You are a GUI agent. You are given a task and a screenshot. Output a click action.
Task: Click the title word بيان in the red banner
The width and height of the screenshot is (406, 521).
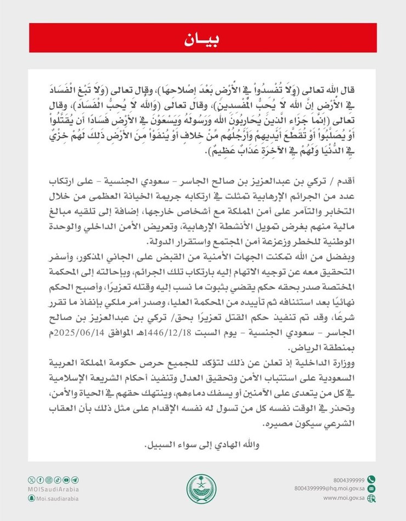click(x=202, y=40)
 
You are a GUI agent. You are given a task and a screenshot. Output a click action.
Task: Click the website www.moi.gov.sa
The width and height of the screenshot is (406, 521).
click(x=344, y=498)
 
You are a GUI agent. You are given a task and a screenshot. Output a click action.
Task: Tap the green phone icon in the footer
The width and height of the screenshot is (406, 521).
click(x=371, y=479)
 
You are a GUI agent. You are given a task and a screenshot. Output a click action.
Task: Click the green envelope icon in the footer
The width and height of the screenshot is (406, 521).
click(x=371, y=489)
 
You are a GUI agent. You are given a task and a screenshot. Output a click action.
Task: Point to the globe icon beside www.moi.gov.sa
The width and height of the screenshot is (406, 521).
click(x=371, y=498)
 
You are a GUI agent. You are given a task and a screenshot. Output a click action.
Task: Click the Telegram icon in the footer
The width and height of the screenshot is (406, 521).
click(x=75, y=480)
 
